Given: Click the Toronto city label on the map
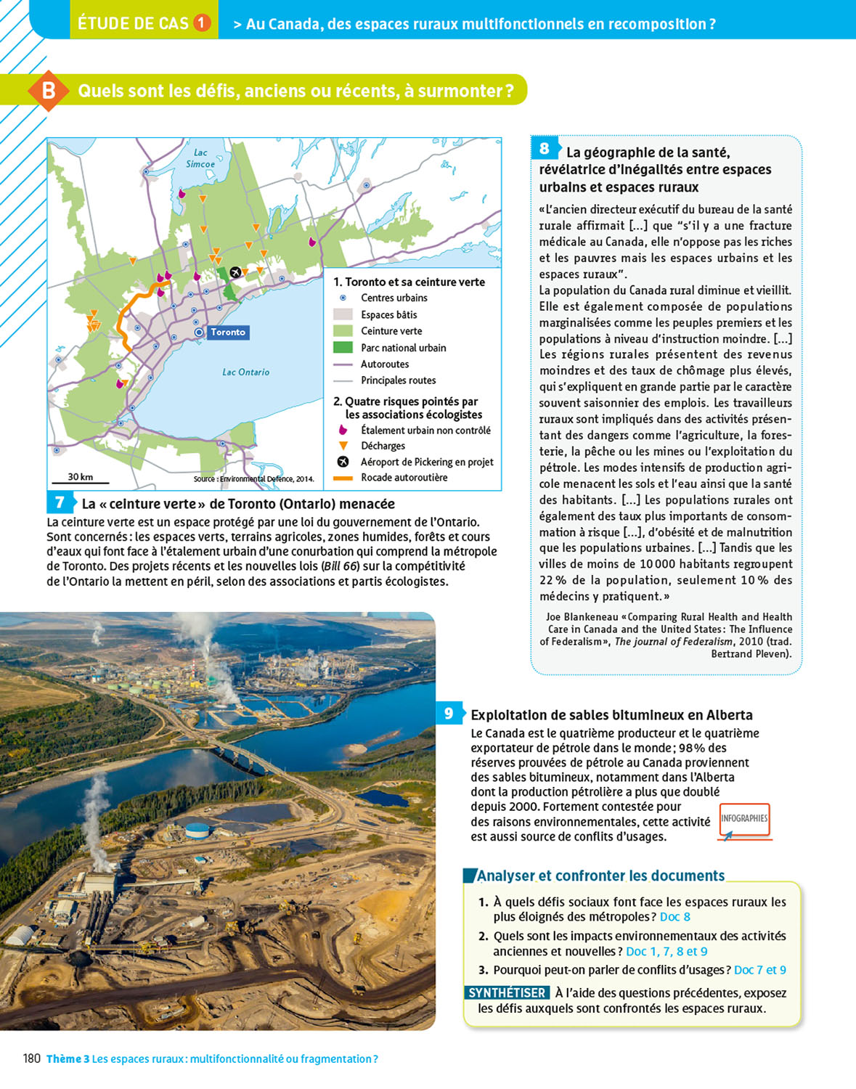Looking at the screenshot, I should [228, 333].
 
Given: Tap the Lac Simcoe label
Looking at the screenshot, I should [200, 158].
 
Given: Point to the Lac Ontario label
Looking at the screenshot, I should [245, 372].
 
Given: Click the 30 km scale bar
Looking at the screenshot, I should [80, 481].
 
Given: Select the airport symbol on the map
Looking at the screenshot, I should [235, 272].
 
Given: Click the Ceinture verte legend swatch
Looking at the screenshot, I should [343, 331].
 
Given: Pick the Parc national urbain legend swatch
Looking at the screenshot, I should [343, 348].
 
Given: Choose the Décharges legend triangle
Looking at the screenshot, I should [343, 446].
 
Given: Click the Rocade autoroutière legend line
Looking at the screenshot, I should [343, 478].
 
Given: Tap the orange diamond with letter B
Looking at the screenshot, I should [48, 91].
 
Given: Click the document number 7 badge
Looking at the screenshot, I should [60, 502].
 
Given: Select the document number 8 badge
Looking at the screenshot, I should [544, 149].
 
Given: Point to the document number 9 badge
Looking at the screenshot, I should [449, 714].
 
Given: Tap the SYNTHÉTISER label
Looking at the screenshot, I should [507, 992].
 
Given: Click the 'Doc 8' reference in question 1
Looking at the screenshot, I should [674, 917].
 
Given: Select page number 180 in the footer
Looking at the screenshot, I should [32, 1059].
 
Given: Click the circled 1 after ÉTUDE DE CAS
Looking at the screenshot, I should [202, 23].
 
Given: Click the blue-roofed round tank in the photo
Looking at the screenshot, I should [197, 829].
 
